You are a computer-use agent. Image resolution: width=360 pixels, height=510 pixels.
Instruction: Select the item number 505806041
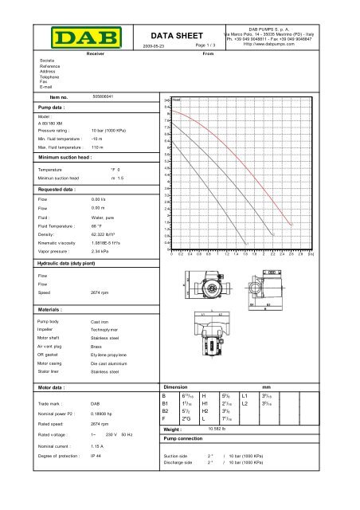coord(104,96)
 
